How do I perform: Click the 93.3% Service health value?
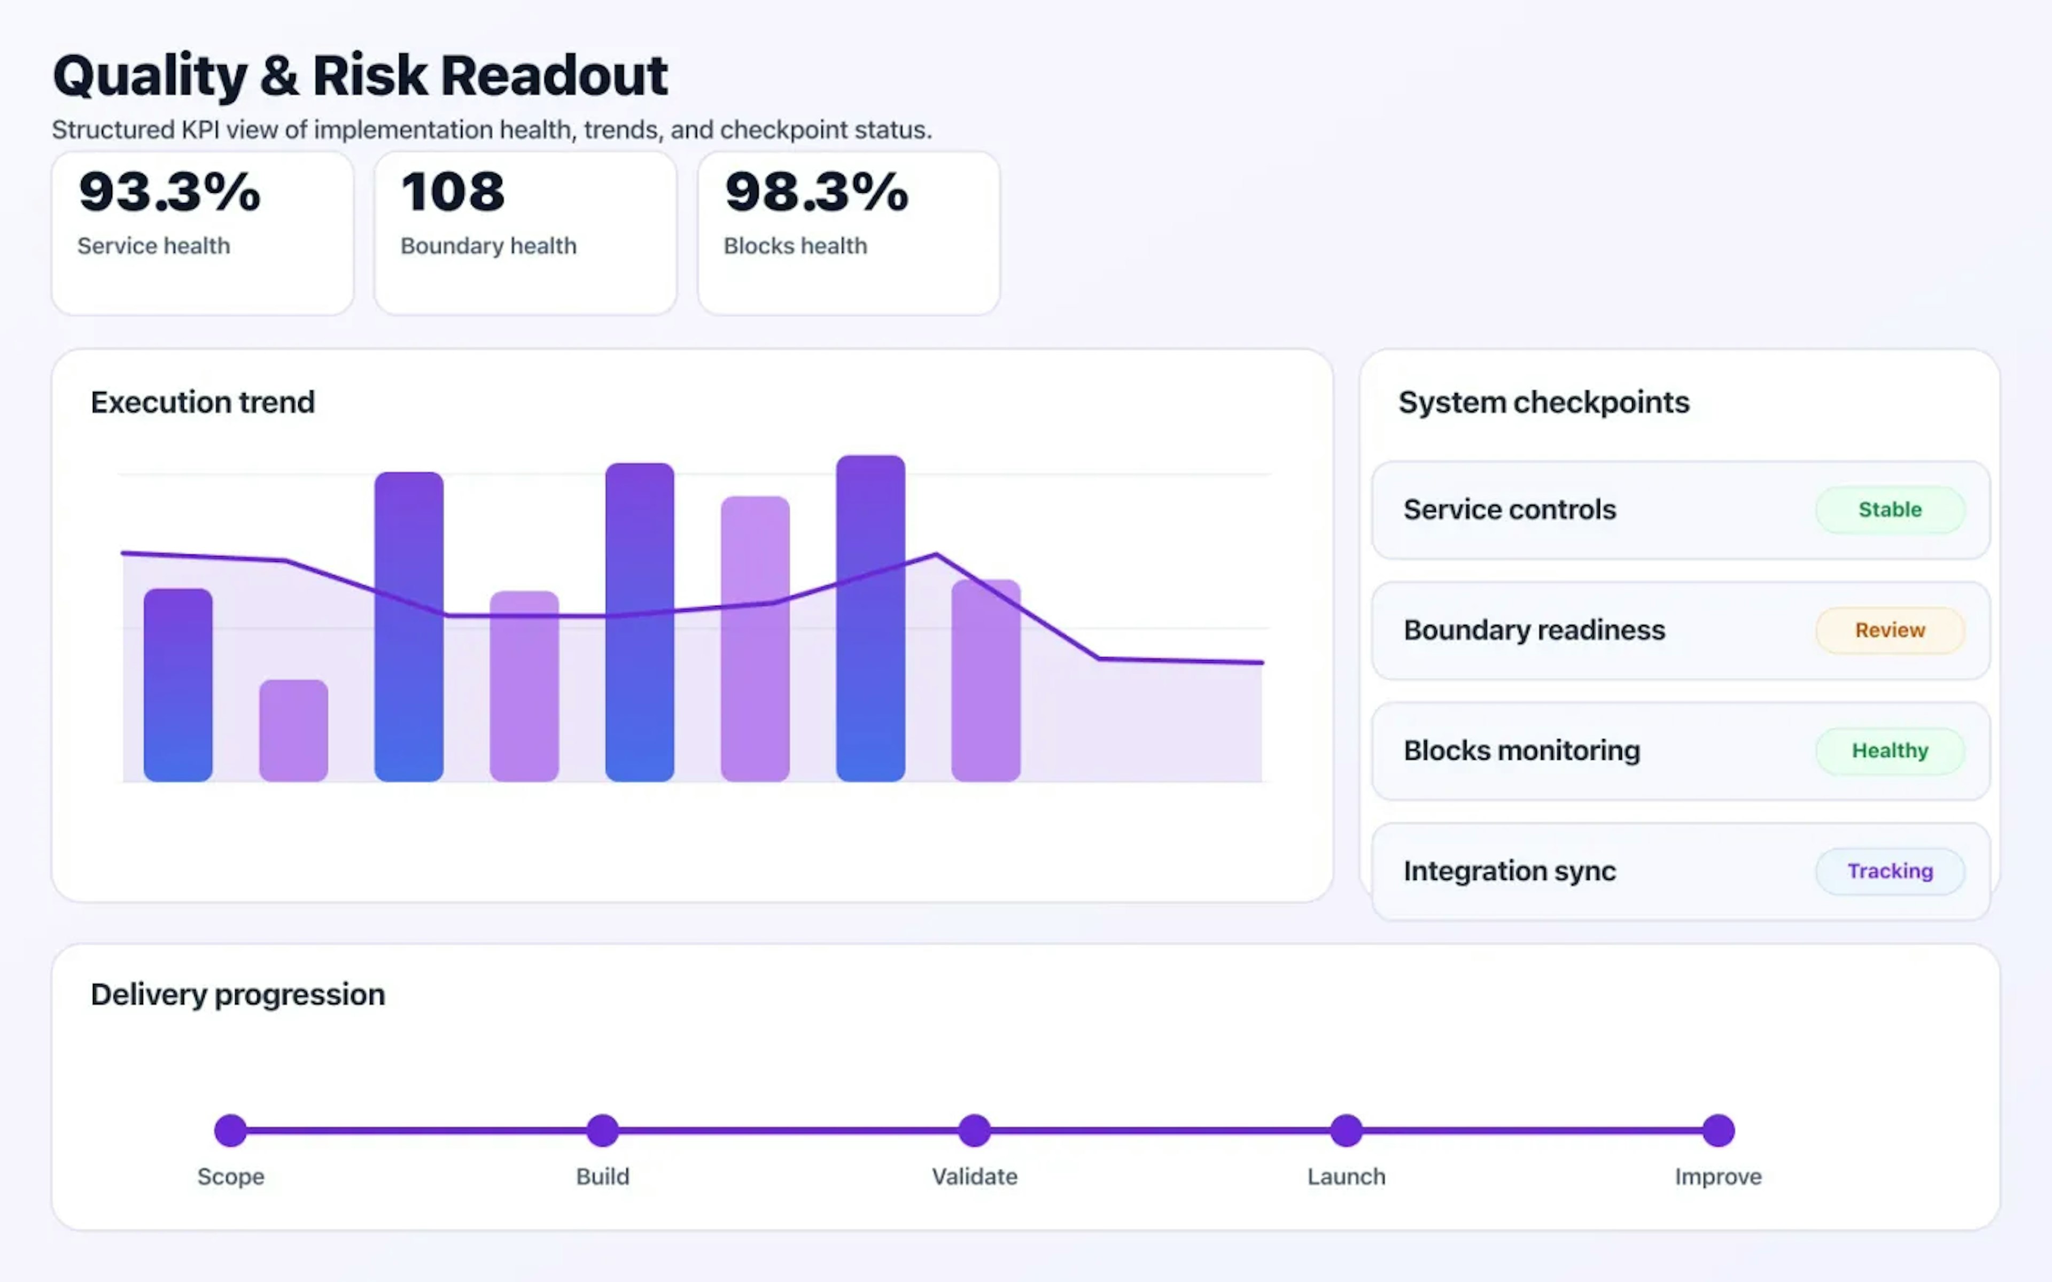pos(169,192)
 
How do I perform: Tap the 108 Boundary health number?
pos(453,192)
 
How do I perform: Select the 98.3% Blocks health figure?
pos(815,192)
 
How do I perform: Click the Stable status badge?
pos(1889,510)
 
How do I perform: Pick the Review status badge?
pos(1889,630)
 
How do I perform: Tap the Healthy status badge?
pos(1889,751)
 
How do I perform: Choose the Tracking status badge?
pos(1889,871)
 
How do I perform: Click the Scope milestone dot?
pos(231,1130)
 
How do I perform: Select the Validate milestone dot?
pos(974,1130)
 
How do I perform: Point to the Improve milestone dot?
pos(1718,1130)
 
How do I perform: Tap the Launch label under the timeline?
pos(1346,1177)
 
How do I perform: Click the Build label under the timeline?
pos(602,1177)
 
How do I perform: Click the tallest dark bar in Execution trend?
pos(870,619)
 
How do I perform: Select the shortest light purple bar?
pos(293,730)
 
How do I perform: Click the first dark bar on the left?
pos(178,685)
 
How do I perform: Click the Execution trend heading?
pos(203,402)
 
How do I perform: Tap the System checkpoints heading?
pos(1543,402)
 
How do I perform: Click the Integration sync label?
pos(1509,871)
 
